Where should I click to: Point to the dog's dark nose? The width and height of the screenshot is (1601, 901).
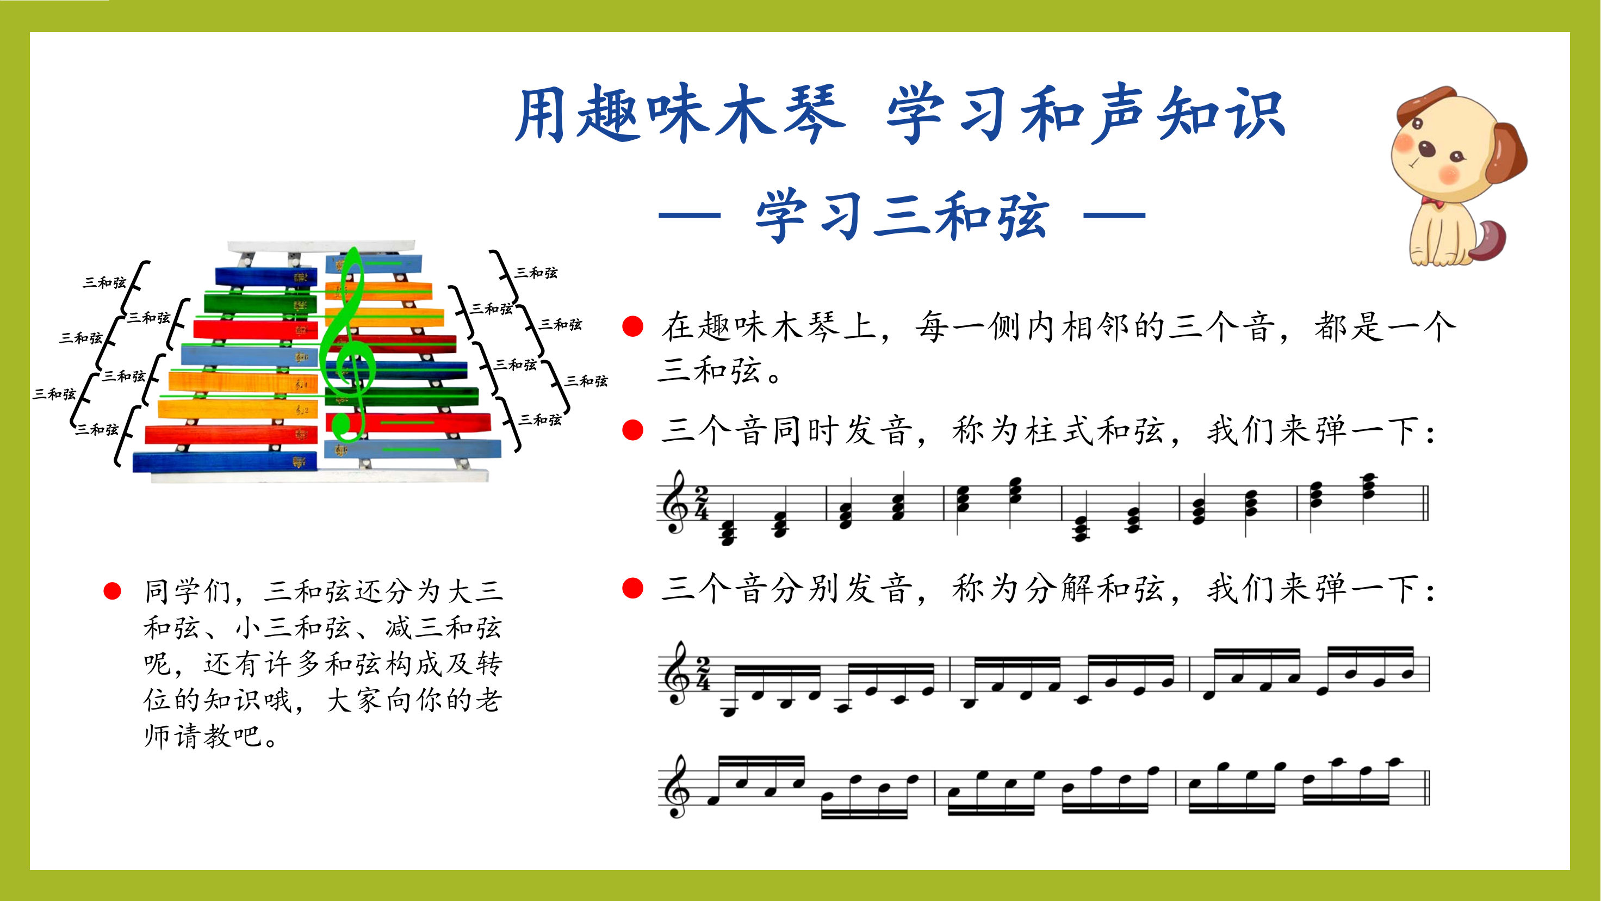point(1428,149)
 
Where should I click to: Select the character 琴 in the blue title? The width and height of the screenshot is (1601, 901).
point(814,114)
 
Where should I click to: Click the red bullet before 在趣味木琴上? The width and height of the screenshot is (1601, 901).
point(632,326)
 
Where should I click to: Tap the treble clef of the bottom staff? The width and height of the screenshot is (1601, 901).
point(675,786)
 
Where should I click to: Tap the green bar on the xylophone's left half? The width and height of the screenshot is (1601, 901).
point(260,304)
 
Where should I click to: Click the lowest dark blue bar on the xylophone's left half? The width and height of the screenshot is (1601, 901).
point(225,462)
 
